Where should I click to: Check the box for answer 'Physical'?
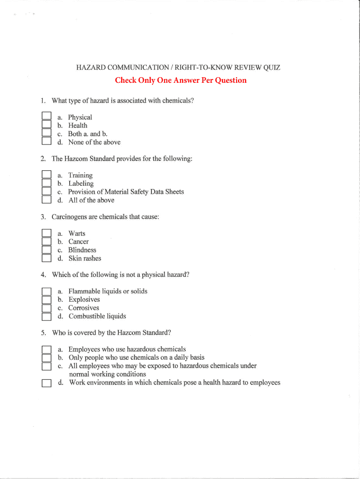[46, 116]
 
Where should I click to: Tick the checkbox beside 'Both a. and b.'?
[46, 133]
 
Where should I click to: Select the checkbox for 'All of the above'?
[46, 200]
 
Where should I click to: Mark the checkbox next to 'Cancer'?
[46, 241]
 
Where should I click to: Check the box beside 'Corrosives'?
[46, 308]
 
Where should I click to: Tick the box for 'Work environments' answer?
[46, 383]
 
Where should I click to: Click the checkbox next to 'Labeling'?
[46, 183]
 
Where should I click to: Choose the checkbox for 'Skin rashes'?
[46, 258]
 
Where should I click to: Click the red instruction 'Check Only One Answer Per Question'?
[180, 80]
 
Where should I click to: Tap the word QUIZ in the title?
[272, 68]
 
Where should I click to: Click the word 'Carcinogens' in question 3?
[70, 217]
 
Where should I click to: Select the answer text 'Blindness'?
[82, 250]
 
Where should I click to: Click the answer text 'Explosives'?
[84, 299]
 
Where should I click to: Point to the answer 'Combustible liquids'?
[97, 316]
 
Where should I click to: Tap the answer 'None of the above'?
[94, 142]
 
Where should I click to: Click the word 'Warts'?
[77, 233]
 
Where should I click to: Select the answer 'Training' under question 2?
[80, 175]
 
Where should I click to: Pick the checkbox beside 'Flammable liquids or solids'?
[46, 291]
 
